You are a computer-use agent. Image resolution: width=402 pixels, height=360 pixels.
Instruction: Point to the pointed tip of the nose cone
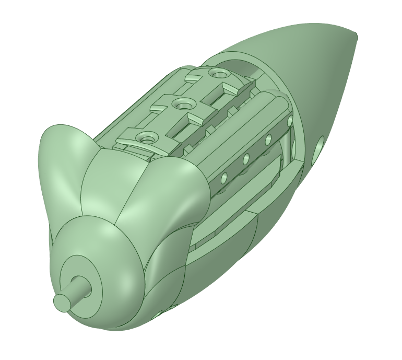(356, 36)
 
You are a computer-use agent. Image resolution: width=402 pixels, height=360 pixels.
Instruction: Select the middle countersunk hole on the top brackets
(181, 104)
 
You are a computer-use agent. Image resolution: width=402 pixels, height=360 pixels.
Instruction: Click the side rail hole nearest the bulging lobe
(223, 179)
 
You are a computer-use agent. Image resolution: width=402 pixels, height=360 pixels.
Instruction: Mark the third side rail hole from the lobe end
(268, 140)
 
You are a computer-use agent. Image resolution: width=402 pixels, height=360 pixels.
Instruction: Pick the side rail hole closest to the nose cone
(290, 121)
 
